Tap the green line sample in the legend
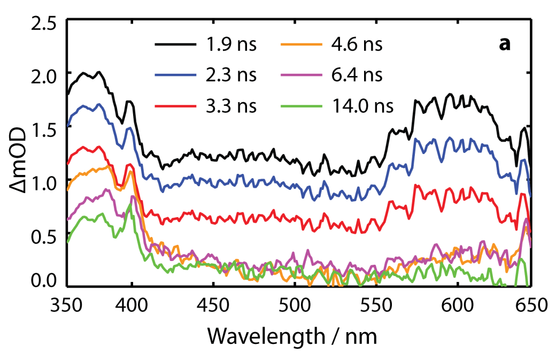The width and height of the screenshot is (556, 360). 301,106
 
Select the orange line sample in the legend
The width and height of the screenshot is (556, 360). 301,45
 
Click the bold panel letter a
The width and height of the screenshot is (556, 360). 504,45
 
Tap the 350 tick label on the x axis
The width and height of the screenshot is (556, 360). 67,306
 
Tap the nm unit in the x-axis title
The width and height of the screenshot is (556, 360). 361,337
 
